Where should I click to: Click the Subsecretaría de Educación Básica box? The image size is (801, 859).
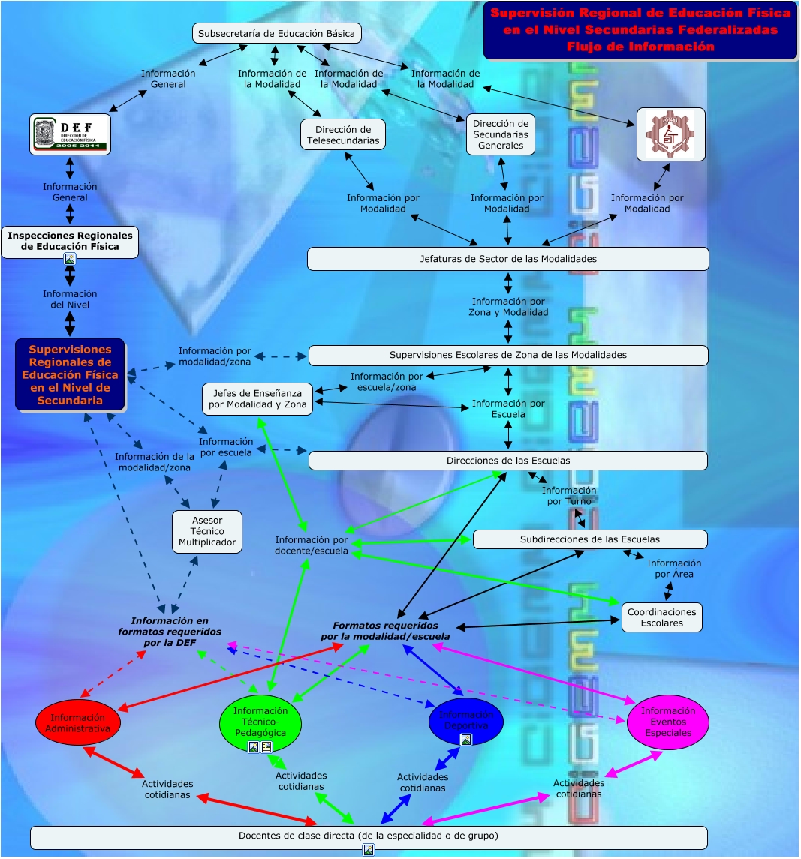tap(277, 34)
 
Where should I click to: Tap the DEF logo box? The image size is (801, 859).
tap(71, 134)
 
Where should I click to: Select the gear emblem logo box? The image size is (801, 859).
tap(670, 134)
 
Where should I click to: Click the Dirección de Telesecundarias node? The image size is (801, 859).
tap(344, 135)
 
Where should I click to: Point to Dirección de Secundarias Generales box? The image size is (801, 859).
tap(501, 135)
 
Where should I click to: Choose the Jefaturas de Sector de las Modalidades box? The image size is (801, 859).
tap(508, 259)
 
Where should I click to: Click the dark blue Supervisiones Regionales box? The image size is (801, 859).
tap(70, 374)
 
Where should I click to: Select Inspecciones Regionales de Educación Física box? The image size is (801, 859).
tap(70, 241)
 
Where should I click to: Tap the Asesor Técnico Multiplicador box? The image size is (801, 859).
tap(207, 532)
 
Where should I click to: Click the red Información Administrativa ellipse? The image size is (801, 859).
tap(78, 723)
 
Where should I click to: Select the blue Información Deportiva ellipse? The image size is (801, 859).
tap(465, 720)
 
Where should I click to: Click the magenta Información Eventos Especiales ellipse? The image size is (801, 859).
tap(667, 722)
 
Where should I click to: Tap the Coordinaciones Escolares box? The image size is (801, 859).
tap(661, 617)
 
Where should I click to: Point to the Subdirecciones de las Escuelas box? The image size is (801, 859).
tap(589, 539)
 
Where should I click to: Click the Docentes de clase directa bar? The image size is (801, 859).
tap(368, 836)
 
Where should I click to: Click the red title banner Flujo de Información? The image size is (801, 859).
tap(640, 30)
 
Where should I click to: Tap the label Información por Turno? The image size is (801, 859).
tap(569, 496)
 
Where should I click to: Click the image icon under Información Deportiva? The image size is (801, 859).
tap(465, 740)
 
